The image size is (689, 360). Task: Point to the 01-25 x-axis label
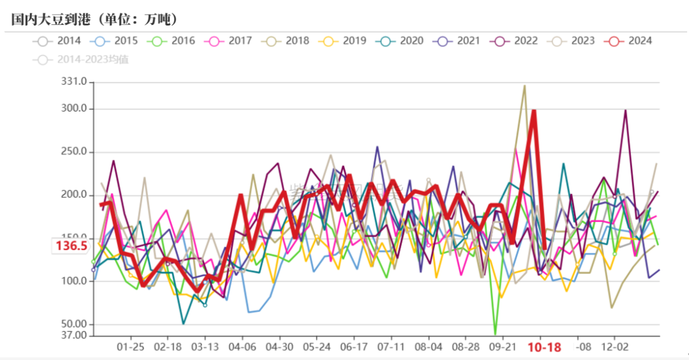[131, 347]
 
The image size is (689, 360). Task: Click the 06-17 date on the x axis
[354, 347]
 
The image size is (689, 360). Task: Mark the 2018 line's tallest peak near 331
[524, 86]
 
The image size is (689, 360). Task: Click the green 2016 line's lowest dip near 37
[495, 334]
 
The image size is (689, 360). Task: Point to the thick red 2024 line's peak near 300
[533, 110]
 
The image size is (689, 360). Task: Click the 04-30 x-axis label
[279, 347]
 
